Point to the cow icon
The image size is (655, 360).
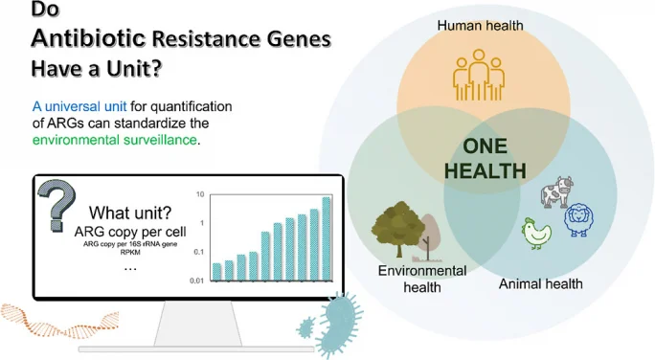pos(556,191)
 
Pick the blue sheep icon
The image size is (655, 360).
pos(579,219)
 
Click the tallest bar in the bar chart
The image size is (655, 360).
pos(327,239)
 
